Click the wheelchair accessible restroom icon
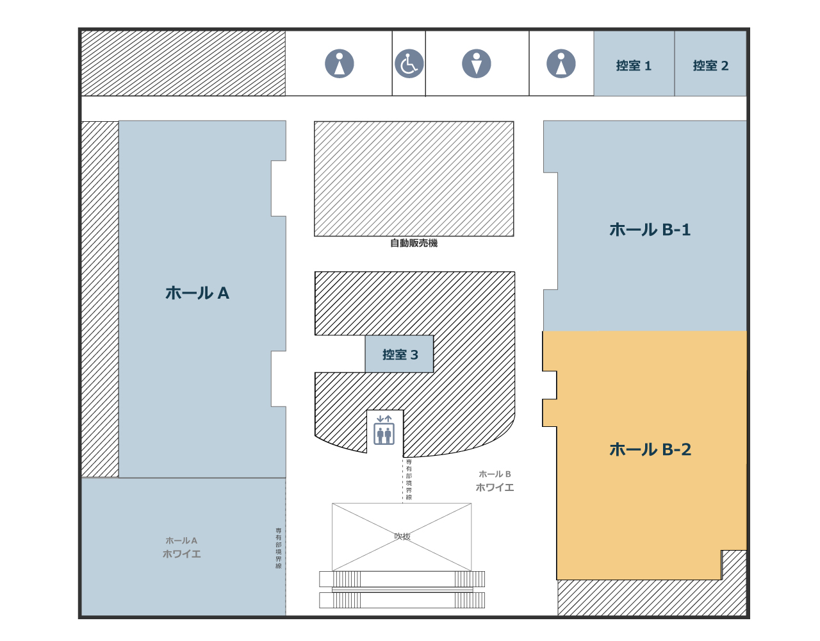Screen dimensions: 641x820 click(409, 64)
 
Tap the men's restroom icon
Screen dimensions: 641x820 click(477, 64)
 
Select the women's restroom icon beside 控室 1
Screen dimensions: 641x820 click(561, 64)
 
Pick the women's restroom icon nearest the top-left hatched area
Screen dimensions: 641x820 click(340, 64)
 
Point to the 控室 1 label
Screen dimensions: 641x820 click(634, 65)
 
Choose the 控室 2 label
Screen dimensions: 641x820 click(710, 65)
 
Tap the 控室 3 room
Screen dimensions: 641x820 click(400, 354)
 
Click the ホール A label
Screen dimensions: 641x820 click(197, 293)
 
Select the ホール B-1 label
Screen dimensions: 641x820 click(650, 229)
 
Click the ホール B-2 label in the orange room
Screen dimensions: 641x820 click(650, 449)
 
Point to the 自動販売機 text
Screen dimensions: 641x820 click(414, 243)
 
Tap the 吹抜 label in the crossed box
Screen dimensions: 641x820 click(402, 536)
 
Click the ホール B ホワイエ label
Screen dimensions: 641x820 click(495, 481)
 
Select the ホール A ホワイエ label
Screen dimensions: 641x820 click(182, 547)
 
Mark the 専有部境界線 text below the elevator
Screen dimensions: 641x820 click(409, 479)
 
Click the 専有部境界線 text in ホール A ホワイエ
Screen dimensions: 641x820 click(279, 548)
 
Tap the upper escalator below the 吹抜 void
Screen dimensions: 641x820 click(402, 579)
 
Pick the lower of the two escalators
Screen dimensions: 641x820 click(402, 601)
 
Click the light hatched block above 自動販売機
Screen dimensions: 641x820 click(414, 179)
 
